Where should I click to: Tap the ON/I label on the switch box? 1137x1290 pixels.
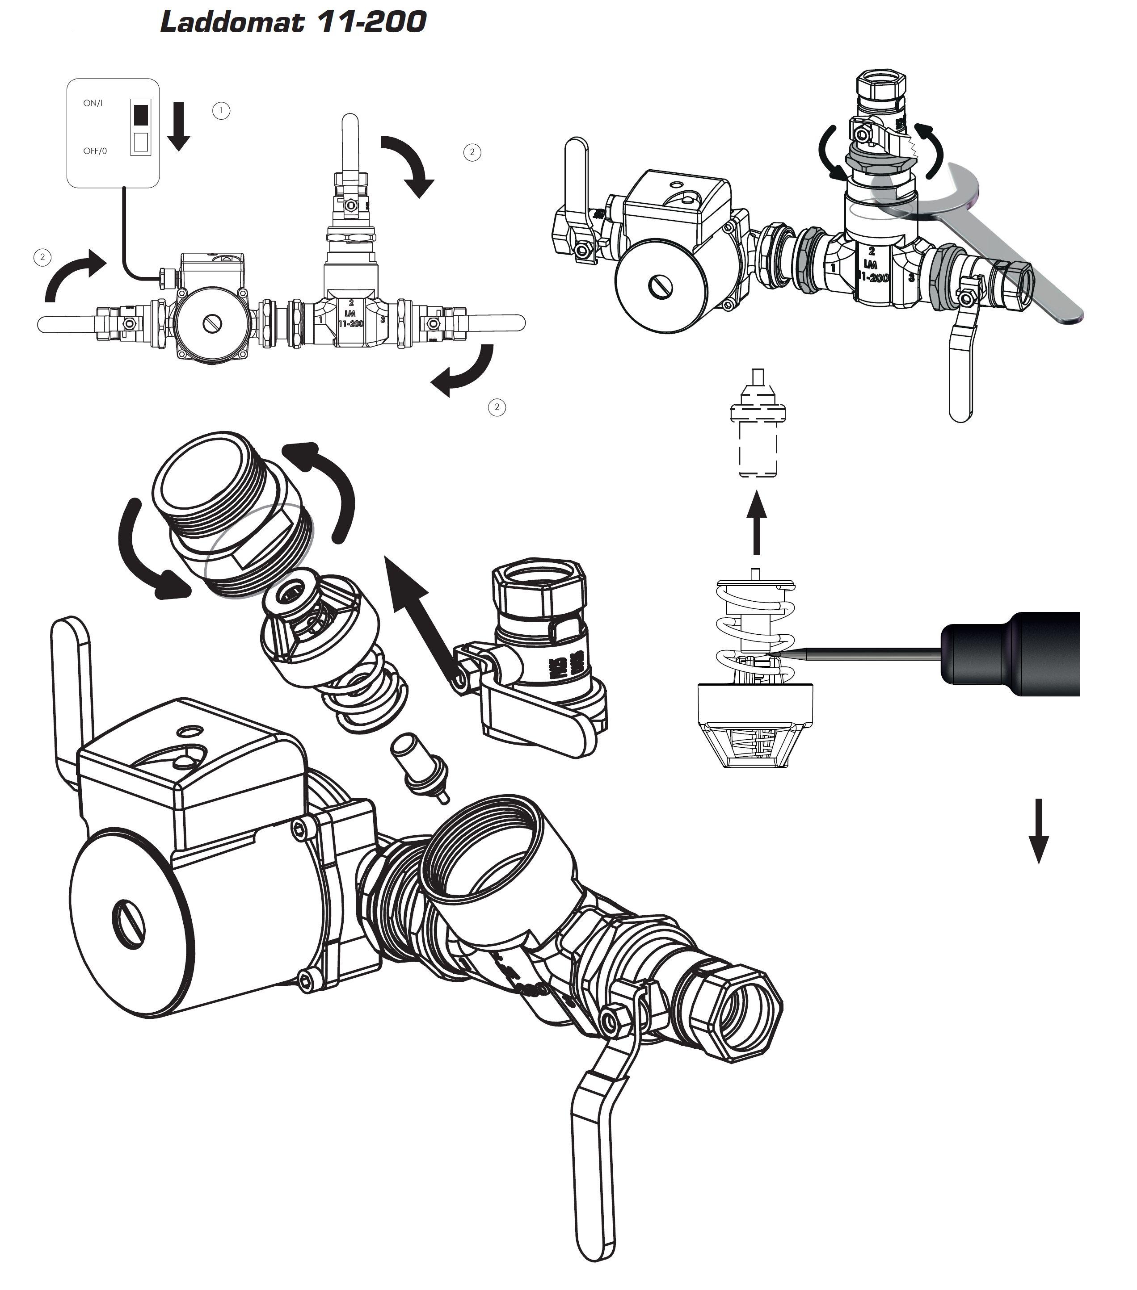point(93,103)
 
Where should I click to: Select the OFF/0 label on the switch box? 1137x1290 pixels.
point(95,151)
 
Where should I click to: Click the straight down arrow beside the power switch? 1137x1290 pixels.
point(179,126)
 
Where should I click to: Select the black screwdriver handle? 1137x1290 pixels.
point(1010,654)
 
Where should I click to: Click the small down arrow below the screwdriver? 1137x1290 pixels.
point(1039,830)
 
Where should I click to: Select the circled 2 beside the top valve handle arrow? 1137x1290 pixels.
point(472,152)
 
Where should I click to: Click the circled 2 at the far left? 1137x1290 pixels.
point(42,257)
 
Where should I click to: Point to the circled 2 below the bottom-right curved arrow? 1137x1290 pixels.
point(497,407)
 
